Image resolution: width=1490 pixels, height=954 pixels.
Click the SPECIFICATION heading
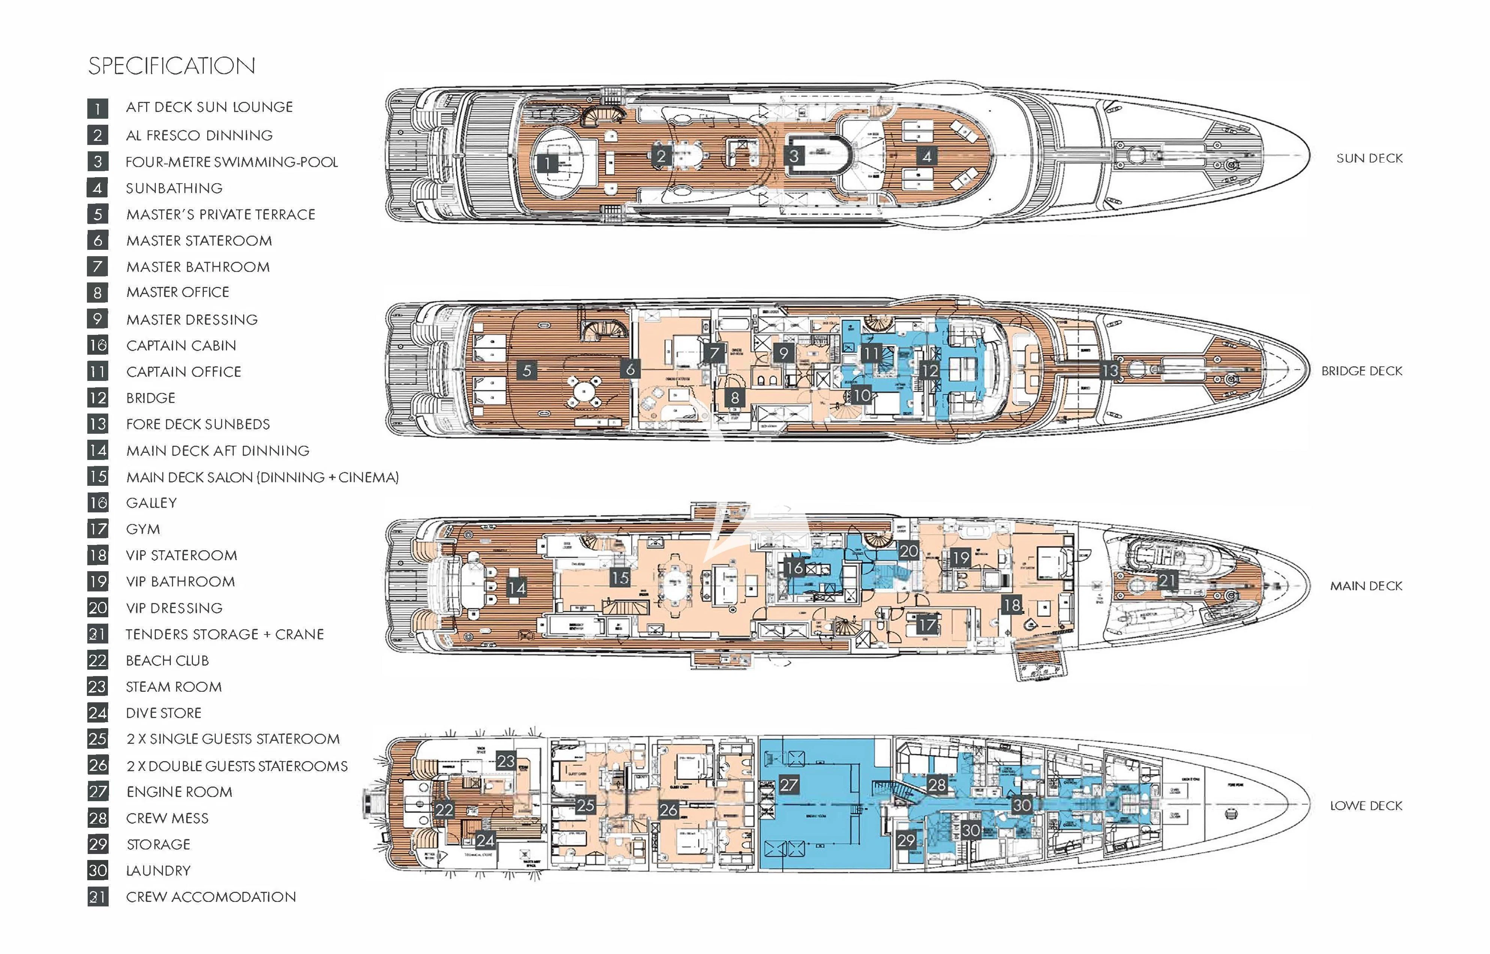(172, 66)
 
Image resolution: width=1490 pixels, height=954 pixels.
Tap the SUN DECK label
(1369, 158)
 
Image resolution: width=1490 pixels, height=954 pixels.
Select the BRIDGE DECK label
(1362, 371)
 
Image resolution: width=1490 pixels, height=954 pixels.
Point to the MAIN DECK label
(1366, 586)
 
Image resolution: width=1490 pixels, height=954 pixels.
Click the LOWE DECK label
(1366, 806)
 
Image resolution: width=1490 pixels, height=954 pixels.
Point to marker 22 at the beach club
(444, 810)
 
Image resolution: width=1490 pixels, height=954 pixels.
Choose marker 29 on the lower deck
(906, 840)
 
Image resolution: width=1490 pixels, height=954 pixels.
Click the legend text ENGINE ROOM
(179, 792)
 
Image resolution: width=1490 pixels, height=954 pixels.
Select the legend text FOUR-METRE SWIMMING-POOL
(232, 162)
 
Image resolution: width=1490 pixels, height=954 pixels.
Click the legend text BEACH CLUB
(167, 661)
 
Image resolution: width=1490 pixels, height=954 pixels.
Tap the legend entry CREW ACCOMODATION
(211, 897)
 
